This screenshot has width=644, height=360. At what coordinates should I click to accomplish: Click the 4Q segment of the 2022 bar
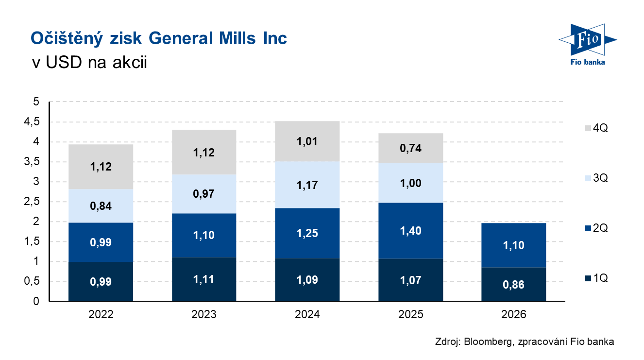(x=101, y=167)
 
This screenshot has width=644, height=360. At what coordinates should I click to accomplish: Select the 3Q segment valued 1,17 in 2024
(x=307, y=185)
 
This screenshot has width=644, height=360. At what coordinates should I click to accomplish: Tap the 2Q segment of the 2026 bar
(x=514, y=245)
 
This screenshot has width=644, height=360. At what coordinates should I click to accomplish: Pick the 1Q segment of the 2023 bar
(x=204, y=279)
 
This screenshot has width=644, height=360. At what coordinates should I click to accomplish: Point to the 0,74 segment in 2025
(x=411, y=148)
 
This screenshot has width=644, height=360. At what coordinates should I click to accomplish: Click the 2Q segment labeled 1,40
(x=411, y=231)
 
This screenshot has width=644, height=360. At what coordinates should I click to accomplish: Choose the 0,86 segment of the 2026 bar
(x=514, y=285)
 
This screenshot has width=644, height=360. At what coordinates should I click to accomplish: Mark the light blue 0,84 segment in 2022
(x=101, y=206)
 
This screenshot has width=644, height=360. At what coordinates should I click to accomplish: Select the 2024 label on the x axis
(x=307, y=315)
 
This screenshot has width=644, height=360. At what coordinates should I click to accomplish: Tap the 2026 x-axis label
(x=514, y=315)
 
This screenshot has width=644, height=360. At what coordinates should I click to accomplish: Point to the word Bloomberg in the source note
(x=486, y=342)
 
